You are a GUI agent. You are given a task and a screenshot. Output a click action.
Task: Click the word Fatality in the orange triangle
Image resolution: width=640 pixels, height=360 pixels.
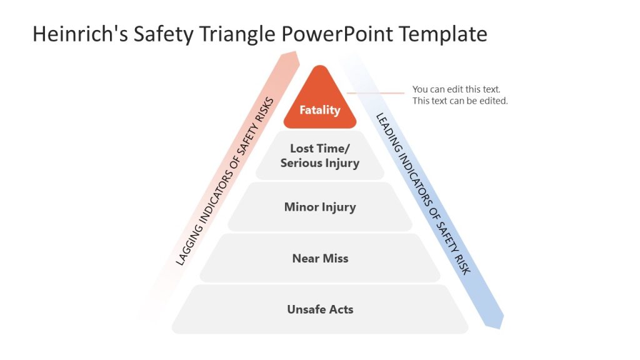[x=319, y=110]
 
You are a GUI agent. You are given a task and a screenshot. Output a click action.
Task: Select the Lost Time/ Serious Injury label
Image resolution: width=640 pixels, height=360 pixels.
[x=319, y=156]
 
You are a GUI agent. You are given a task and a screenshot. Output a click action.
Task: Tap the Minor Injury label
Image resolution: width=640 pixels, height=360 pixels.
[x=319, y=207]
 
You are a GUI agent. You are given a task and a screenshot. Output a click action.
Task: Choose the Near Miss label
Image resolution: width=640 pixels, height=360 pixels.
[x=319, y=258]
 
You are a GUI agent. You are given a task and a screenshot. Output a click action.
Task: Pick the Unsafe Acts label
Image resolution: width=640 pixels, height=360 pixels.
[x=319, y=309]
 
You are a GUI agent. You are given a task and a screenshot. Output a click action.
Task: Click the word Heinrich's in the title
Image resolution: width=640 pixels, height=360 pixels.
[x=80, y=34]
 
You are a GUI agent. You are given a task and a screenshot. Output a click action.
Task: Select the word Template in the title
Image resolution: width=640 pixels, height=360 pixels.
[x=444, y=34]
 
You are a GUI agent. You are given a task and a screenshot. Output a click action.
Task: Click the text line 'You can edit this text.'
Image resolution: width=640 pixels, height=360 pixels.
[x=456, y=89]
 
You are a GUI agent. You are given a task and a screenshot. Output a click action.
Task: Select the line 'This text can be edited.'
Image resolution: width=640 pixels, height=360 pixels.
[x=460, y=101]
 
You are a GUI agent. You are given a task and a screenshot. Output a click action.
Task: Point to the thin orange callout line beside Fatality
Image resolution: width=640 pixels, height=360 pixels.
[x=376, y=93]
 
